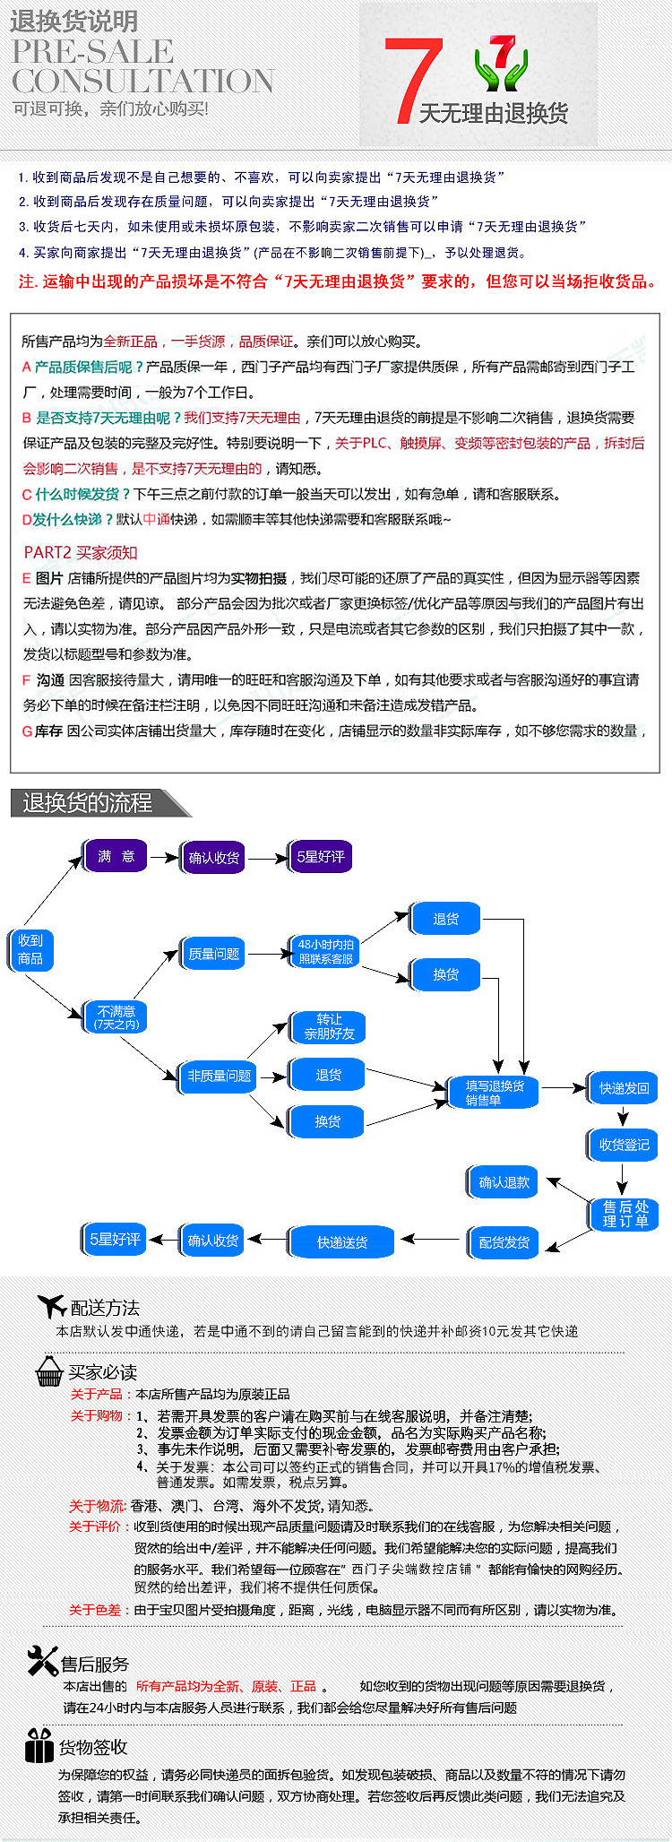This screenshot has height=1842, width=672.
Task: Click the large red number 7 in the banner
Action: [413, 79]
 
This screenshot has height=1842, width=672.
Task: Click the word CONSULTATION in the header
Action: [143, 82]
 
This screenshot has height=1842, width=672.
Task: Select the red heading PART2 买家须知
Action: [81, 552]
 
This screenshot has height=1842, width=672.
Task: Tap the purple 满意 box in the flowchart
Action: [116, 856]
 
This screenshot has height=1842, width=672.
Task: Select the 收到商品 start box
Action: [30, 949]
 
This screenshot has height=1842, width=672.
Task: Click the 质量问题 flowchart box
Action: [213, 954]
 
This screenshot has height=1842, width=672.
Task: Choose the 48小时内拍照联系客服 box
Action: [325, 952]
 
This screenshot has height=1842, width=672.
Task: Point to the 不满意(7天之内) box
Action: [116, 1017]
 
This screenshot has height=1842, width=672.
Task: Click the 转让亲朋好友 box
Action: [329, 1026]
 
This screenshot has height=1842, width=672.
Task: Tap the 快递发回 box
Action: [624, 1088]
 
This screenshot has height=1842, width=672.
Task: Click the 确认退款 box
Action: [504, 1182]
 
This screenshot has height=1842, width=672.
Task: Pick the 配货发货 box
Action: [504, 1242]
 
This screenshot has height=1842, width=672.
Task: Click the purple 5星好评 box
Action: [320, 856]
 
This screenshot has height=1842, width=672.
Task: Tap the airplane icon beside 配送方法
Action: [52, 1306]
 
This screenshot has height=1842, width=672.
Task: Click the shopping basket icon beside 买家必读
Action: [48, 1371]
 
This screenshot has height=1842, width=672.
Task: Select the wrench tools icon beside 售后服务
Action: [42, 1662]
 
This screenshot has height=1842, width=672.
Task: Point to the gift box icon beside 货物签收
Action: [39, 1745]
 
